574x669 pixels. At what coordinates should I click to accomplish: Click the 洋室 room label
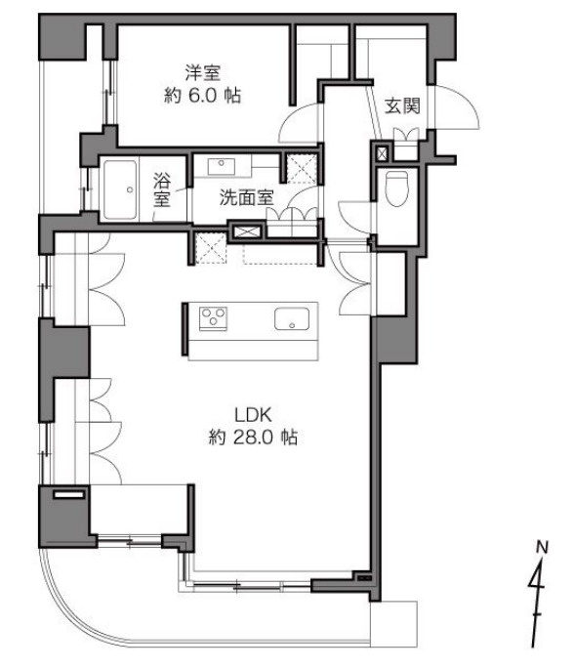coord(203,72)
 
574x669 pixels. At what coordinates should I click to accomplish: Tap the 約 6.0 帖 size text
coord(203,96)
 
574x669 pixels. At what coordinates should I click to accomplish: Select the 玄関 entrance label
coord(402,105)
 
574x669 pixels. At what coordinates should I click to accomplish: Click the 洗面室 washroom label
coord(246,197)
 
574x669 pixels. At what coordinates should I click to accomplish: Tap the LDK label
coord(253,414)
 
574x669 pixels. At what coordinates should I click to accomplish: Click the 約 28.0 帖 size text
coord(253,438)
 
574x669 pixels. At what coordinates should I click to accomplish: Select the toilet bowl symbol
coord(396,188)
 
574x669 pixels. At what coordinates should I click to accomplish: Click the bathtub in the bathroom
coord(120,190)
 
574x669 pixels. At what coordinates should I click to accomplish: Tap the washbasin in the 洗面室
coord(221,166)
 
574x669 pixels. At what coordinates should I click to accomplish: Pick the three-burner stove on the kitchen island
coord(213,318)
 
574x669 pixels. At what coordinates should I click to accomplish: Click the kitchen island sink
coord(292,318)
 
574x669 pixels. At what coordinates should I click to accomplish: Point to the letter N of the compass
coord(542,547)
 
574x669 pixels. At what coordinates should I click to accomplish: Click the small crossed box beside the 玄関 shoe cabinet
coord(382,153)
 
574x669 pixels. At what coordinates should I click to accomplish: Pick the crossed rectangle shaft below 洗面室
coord(246,231)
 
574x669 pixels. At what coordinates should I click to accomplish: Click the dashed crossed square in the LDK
coord(210,248)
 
